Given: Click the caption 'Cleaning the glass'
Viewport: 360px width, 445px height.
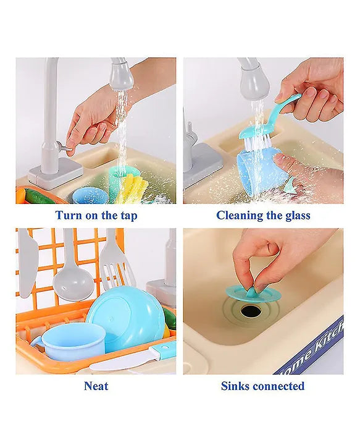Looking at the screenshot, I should [263, 216].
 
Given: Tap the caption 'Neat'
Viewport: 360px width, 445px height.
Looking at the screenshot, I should [96, 386].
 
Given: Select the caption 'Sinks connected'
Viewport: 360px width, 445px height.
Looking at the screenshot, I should [263, 386].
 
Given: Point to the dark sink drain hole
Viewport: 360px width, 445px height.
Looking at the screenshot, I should [251, 311].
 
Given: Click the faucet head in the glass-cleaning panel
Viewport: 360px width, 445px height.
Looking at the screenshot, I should [251, 78].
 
